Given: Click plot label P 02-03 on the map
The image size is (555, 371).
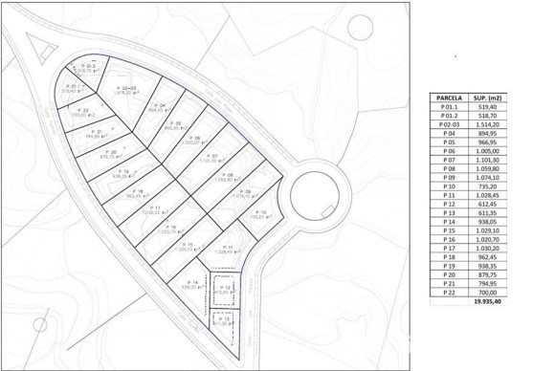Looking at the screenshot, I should (x=126, y=88).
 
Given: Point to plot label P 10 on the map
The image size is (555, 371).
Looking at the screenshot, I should (x=260, y=211).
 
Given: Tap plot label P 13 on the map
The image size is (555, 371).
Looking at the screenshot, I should (x=222, y=318).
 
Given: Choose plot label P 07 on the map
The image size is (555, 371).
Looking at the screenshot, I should (x=212, y=156).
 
